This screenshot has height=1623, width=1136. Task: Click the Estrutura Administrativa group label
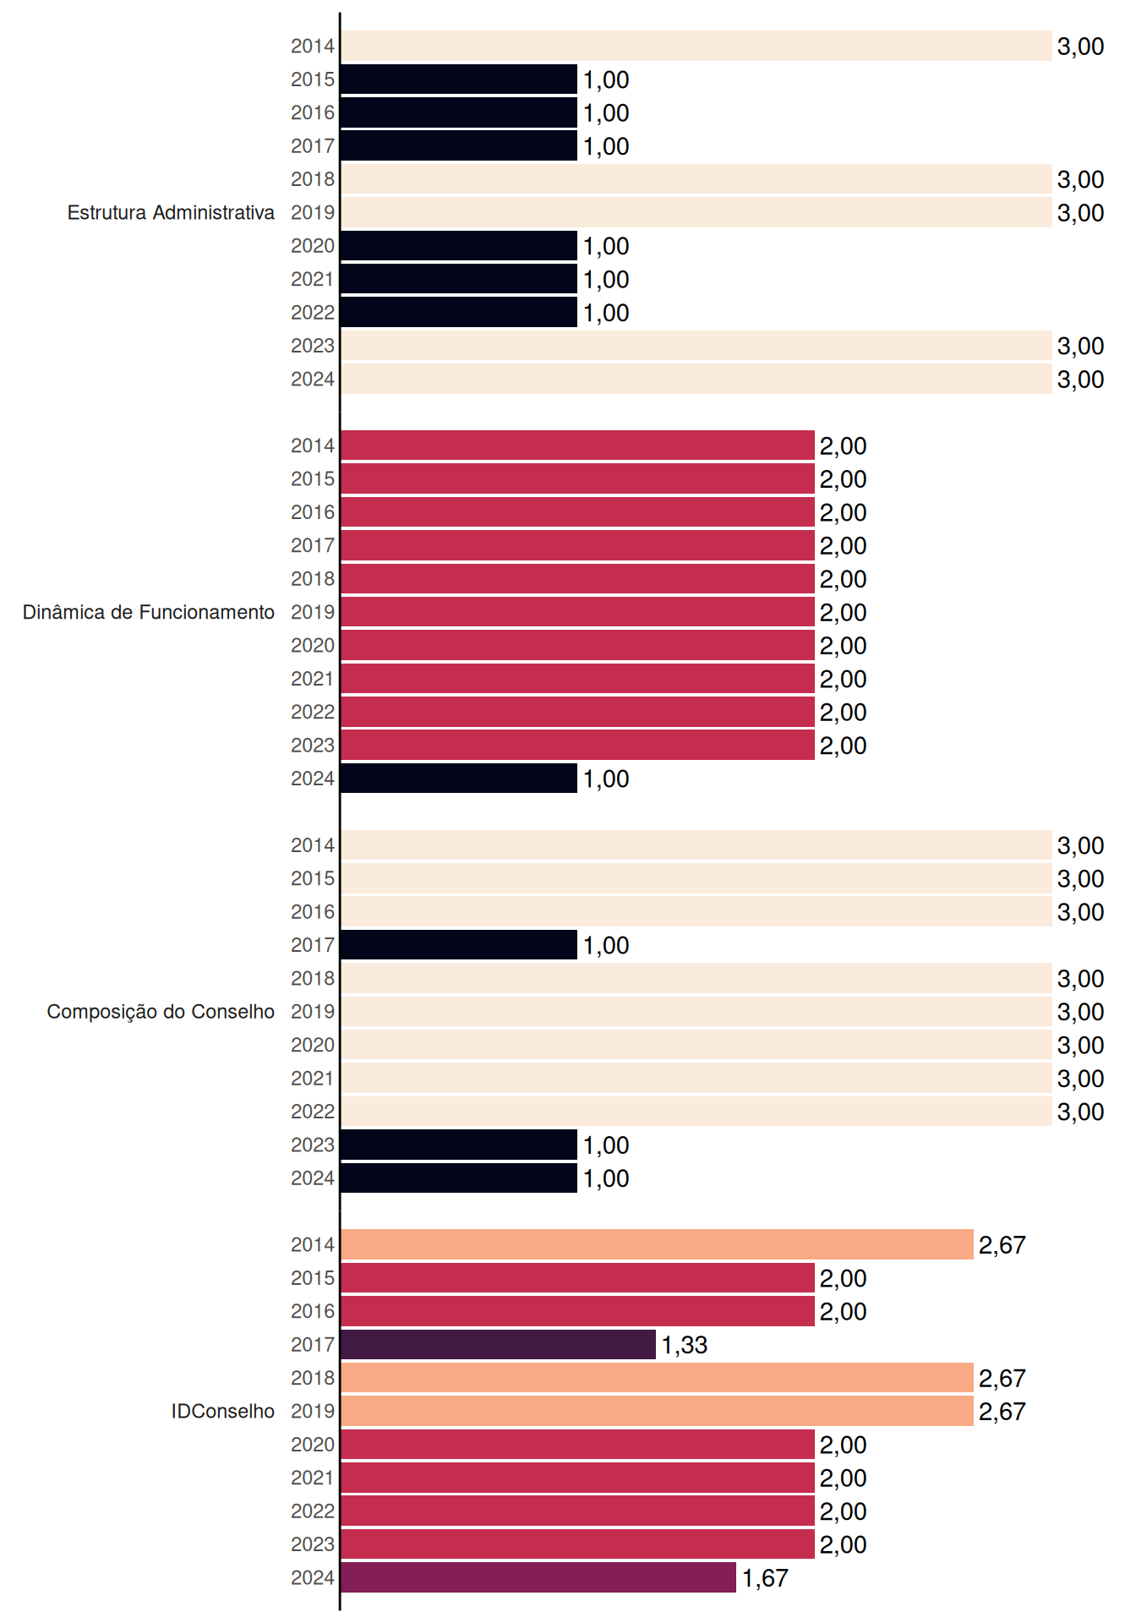tap(171, 212)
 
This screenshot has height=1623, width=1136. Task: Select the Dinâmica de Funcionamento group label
tap(149, 612)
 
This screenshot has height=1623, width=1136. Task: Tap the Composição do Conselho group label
tap(161, 1012)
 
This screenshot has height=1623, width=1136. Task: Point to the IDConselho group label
tap(223, 1411)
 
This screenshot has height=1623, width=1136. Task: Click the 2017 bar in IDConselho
tap(498, 1344)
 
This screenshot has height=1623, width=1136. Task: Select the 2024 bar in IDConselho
tap(538, 1577)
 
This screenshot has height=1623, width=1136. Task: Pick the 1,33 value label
tap(684, 1345)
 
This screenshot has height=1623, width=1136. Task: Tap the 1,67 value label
tap(765, 1578)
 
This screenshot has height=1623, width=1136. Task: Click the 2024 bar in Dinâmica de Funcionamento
tap(459, 779)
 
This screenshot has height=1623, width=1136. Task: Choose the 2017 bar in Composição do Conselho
tap(459, 945)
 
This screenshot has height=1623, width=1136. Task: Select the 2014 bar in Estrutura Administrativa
tap(696, 46)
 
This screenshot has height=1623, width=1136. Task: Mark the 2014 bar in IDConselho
tap(657, 1244)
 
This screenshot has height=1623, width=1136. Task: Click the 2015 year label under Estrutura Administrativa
tap(313, 79)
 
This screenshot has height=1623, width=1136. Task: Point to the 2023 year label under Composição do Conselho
tap(313, 1145)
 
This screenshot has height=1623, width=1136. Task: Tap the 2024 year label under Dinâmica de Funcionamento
tap(313, 779)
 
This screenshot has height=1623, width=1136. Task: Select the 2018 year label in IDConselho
tap(313, 1378)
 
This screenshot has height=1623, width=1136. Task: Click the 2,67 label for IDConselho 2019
tap(1002, 1412)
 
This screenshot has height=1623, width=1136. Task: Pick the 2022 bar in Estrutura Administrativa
tap(459, 312)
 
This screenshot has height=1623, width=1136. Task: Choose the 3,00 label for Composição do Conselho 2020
tap(1080, 1046)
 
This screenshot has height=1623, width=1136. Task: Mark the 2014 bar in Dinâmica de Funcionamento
tap(577, 445)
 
